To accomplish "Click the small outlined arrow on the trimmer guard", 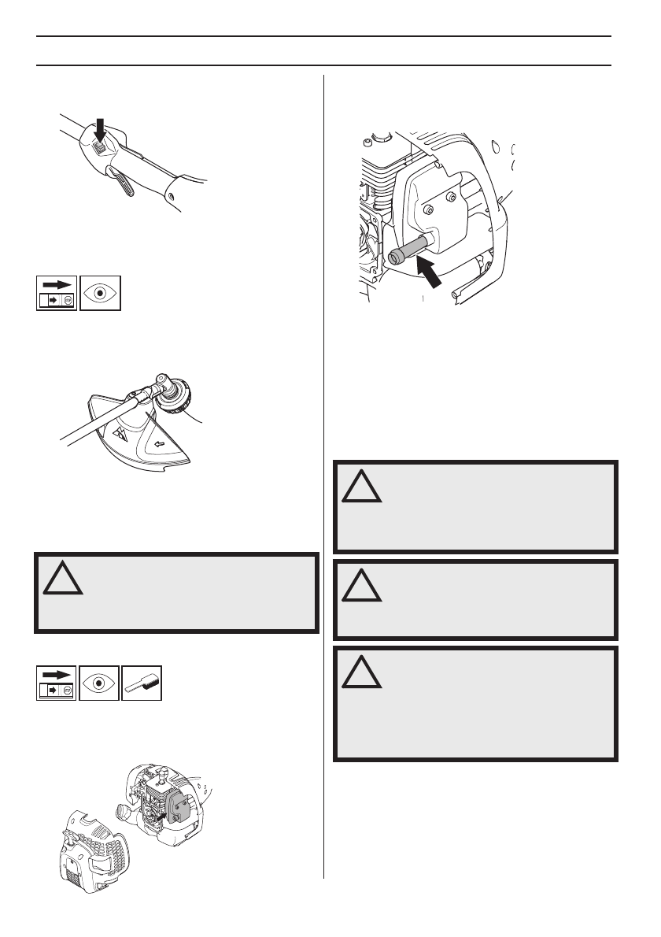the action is pyautogui.click(x=160, y=444).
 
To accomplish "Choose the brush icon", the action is pyautogui.click(x=142, y=683).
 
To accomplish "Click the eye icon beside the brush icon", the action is pyautogui.click(x=100, y=683).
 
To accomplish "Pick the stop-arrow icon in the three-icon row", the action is pyautogui.click(x=57, y=683).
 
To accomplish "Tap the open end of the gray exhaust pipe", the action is pyautogui.click(x=395, y=256).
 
